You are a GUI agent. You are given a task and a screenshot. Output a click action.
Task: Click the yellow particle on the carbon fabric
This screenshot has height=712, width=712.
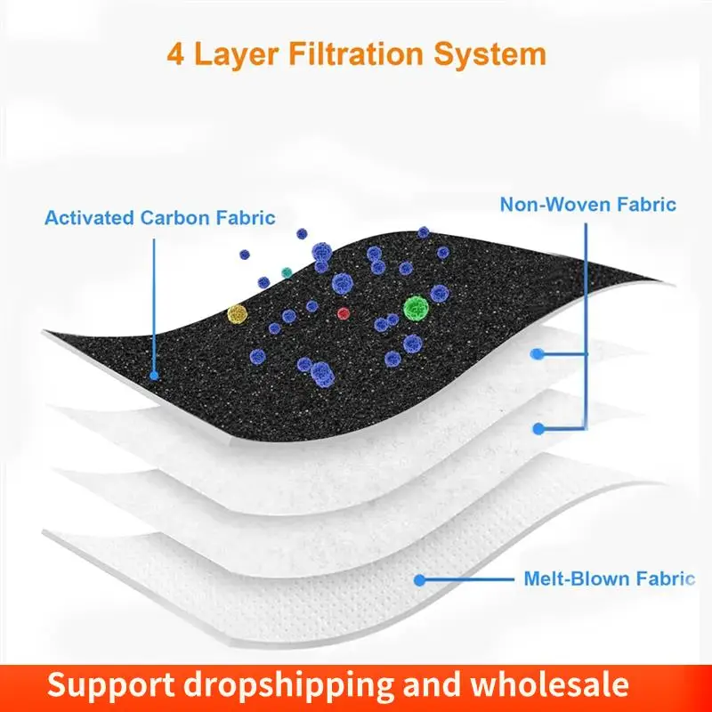pyautogui.click(x=236, y=313)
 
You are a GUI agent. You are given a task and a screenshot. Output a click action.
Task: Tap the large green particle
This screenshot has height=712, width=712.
pyautogui.click(x=415, y=308)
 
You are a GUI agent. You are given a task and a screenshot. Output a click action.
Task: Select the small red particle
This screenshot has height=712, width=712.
pyautogui.click(x=344, y=313)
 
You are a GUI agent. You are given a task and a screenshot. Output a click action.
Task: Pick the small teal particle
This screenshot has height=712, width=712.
pyautogui.click(x=286, y=271)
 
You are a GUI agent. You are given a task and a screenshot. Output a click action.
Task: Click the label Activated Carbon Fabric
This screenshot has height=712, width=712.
pyautogui.click(x=160, y=217)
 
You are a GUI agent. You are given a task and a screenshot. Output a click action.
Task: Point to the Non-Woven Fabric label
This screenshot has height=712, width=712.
pyautogui.click(x=587, y=205)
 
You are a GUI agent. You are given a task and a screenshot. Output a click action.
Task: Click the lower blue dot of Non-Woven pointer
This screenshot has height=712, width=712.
pyautogui.click(x=538, y=428)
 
